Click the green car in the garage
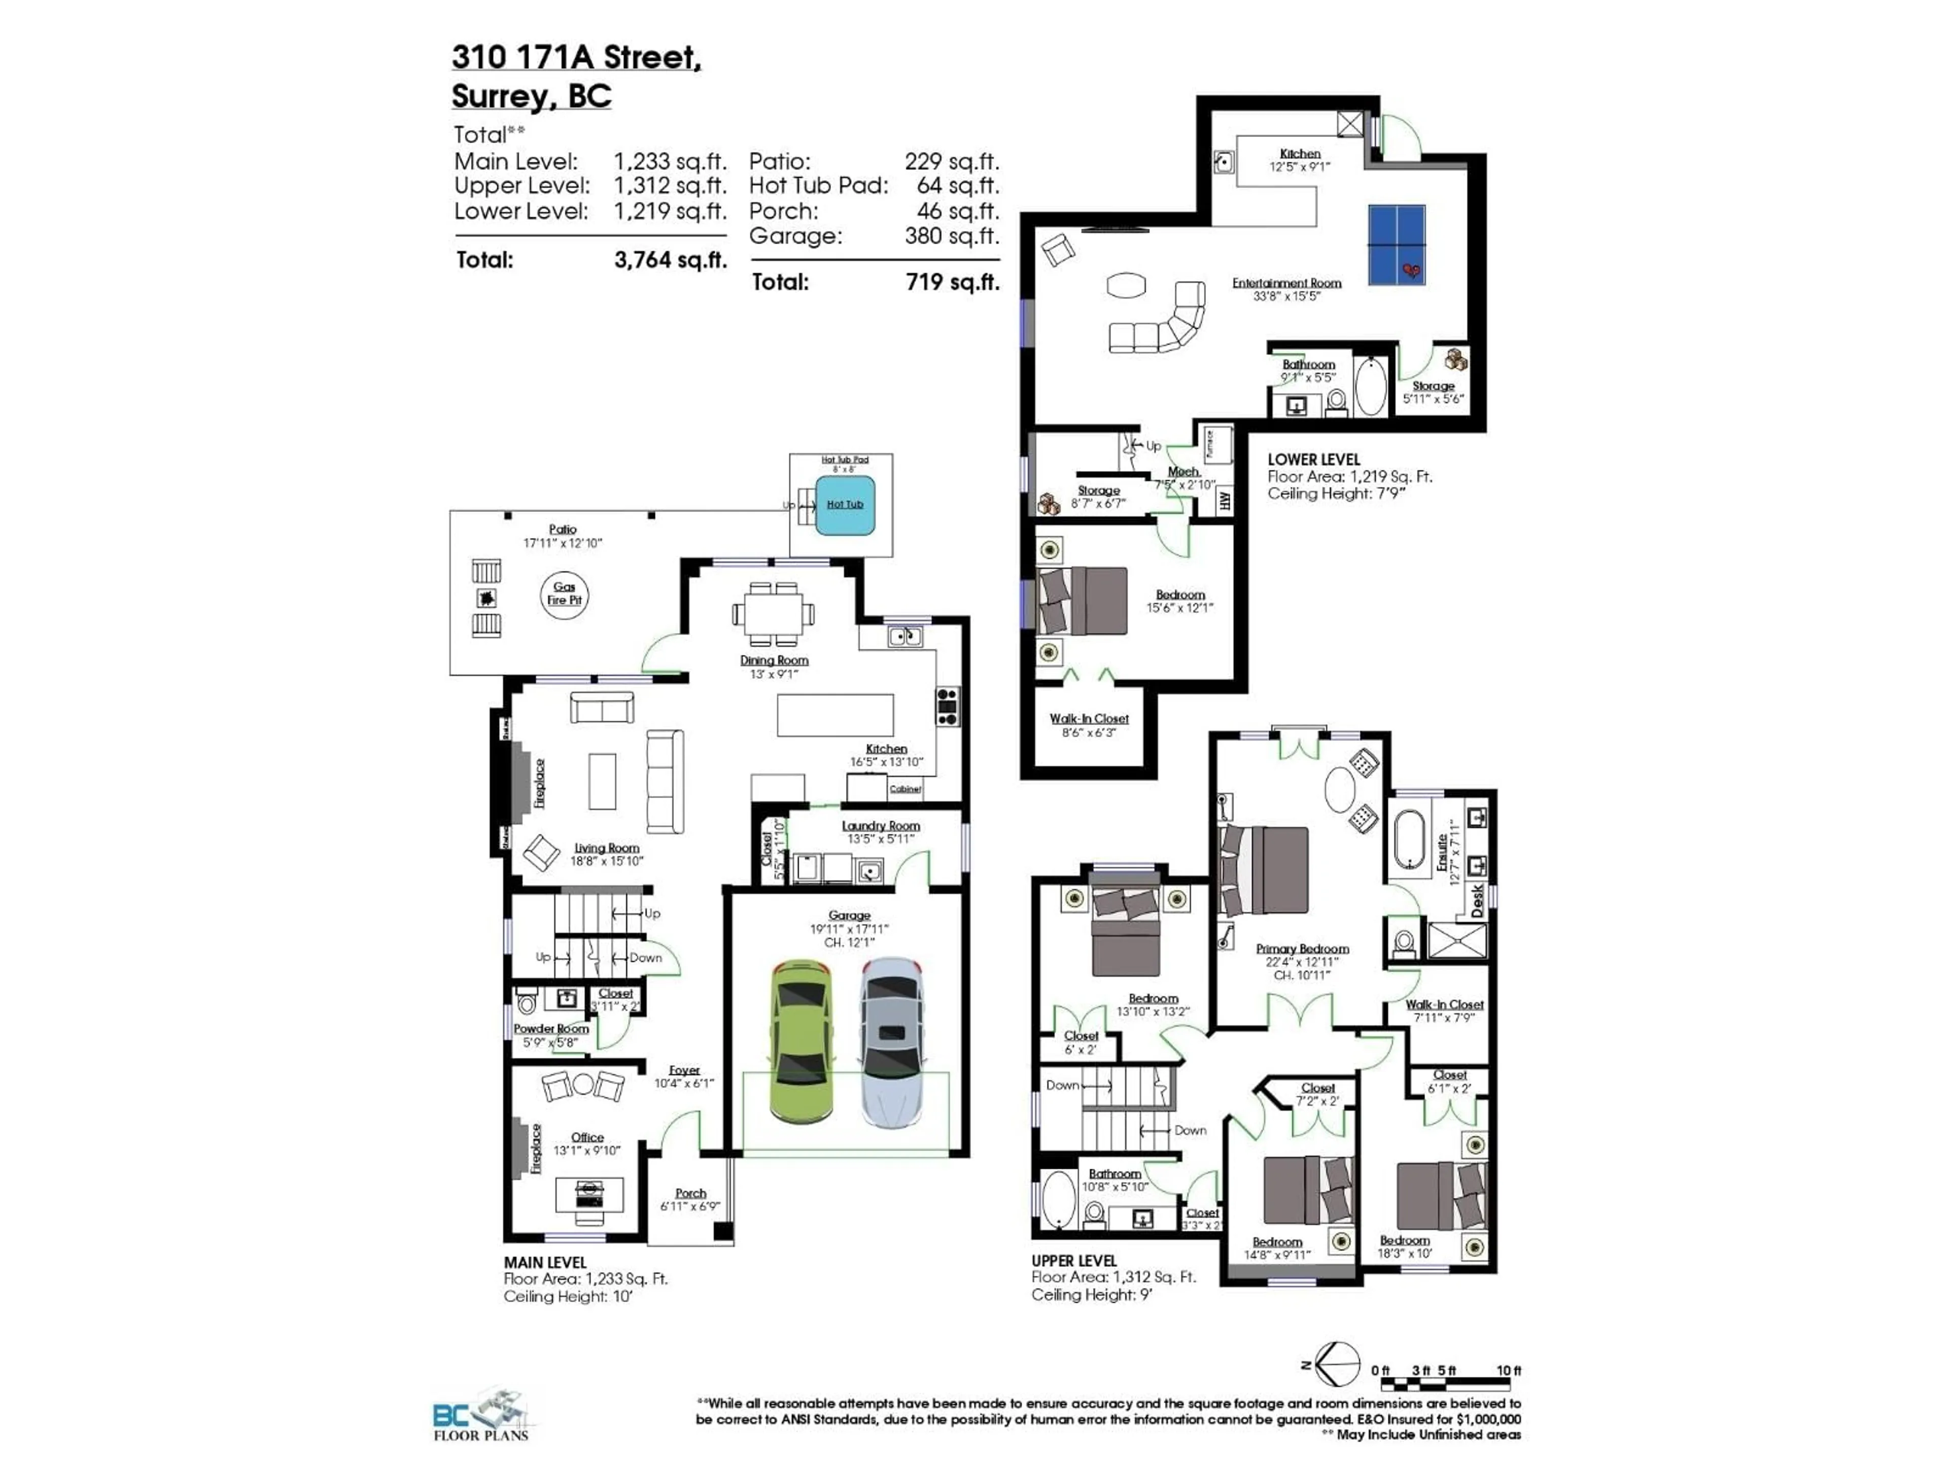click(802, 1042)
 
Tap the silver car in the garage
click(892, 1042)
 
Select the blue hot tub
click(845, 505)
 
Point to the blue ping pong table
click(1396, 245)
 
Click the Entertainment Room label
click(1286, 283)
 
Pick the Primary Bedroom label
click(1302, 949)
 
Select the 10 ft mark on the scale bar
click(1509, 1370)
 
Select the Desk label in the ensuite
click(1477, 900)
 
